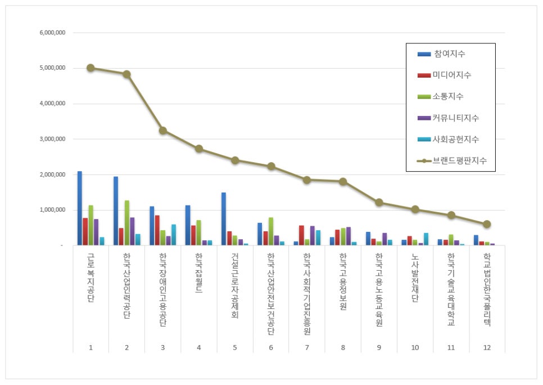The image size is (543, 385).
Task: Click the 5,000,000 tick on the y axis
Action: coord(53,68)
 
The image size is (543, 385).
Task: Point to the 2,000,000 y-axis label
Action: coord(53,174)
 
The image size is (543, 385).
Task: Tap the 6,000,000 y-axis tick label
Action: coord(53,33)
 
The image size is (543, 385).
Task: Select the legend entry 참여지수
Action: coord(449,54)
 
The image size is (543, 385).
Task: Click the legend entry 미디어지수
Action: coord(452,75)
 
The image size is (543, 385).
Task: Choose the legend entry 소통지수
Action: coord(449,97)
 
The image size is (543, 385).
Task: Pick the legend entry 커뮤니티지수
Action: coord(456,118)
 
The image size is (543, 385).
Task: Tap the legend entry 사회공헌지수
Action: coord(456,139)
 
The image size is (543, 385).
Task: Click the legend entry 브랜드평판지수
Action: coord(459,160)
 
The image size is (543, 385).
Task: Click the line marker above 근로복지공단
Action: coord(90,68)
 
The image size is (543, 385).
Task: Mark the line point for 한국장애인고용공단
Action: coord(162,131)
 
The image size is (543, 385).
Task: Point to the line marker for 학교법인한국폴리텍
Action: coord(487,224)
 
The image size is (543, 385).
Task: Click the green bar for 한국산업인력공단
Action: coord(127,222)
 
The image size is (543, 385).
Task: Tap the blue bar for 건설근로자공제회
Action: coord(224,219)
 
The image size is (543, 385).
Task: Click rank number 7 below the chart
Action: coord(307,347)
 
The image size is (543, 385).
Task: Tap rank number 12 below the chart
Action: coord(487,347)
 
